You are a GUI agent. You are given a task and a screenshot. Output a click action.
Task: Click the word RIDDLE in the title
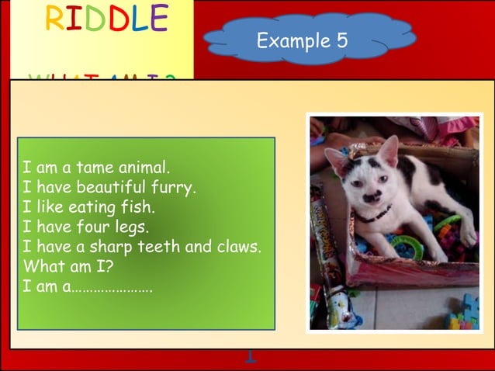pyautogui.click(x=106, y=19)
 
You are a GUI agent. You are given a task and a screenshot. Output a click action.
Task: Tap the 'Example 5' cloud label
pyautogui.click(x=303, y=40)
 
